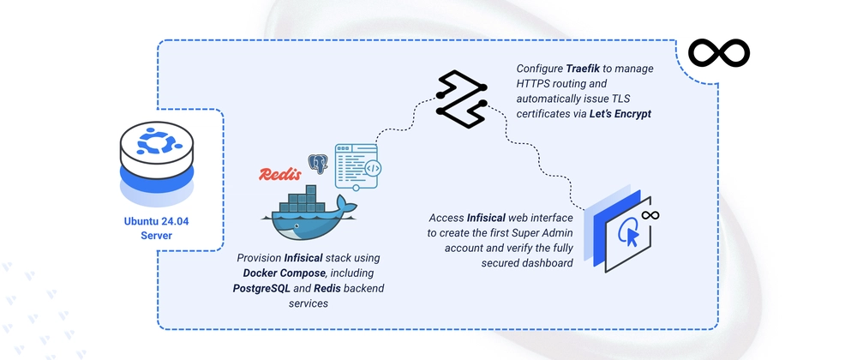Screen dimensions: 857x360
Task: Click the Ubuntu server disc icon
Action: pos(156,162)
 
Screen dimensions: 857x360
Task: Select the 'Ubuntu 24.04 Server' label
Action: pos(156,228)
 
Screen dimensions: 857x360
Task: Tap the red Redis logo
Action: pos(280,174)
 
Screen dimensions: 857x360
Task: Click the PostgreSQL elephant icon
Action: pos(318,163)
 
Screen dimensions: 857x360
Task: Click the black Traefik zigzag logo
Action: pos(462,99)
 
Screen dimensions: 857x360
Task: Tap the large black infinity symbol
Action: pos(719,52)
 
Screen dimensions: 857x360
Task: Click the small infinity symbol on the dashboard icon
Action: pos(650,215)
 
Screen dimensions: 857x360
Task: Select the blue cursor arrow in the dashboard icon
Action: pos(632,237)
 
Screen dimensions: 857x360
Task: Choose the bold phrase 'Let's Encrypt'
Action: pos(620,115)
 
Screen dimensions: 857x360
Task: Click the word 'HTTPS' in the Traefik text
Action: pos(531,85)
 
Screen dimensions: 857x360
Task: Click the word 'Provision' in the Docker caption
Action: pos(259,257)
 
